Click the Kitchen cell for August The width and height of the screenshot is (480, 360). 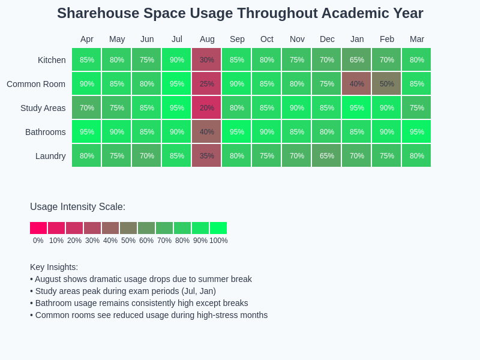[206, 60]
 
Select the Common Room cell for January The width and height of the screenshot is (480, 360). [356, 84]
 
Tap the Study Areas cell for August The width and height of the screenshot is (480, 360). [206, 108]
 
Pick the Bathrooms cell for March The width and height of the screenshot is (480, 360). [416, 132]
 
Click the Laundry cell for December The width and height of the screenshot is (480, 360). [326, 156]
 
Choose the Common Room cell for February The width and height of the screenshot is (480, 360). [386, 84]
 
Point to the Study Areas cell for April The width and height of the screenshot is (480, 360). [86, 108]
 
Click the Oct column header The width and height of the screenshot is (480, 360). [266, 39]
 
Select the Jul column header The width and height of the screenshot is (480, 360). [176, 39]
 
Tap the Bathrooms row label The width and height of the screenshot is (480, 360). [46, 132]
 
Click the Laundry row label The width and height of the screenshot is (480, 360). [50, 156]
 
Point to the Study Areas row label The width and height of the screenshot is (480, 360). [43, 108]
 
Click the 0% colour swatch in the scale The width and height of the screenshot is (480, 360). [38, 228]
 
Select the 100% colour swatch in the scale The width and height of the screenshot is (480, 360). [218, 228]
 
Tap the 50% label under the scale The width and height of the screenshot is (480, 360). [128, 241]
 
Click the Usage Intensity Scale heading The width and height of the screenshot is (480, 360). [77, 207]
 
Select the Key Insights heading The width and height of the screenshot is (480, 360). [54, 267]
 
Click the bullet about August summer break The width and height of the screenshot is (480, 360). [141, 279]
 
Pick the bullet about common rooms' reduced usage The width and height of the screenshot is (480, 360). [149, 315]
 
